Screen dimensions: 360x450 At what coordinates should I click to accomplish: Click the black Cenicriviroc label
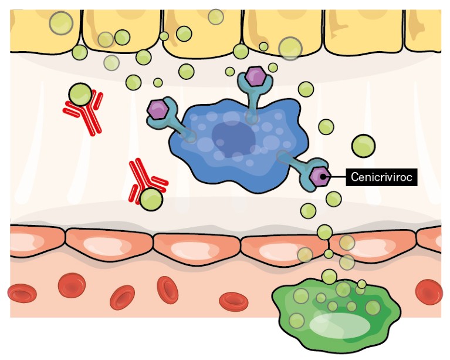click(381, 176)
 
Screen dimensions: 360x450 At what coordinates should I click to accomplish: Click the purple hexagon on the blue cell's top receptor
click(255, 76)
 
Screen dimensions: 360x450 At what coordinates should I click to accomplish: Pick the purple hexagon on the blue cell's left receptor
click(158, 109)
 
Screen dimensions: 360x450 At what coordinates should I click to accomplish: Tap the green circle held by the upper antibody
click(80, 94)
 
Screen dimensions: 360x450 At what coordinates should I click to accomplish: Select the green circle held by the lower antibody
click(151, 199)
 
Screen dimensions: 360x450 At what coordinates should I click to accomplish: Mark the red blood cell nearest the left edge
click(22, 292)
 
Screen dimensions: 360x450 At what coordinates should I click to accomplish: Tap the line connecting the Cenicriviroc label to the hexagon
click(337, 176)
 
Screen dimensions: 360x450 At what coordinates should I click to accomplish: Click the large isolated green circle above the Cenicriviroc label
click(363, 144)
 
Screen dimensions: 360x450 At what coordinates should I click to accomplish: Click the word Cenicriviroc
click(381, 176)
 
